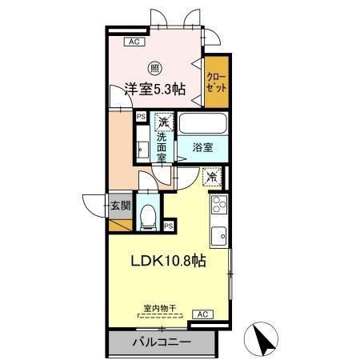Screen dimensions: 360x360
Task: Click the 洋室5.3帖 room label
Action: point(154,90)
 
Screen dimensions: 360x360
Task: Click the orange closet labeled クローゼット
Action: point(215,82)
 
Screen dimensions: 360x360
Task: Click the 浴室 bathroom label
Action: point(203,146)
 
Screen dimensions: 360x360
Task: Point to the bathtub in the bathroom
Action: point(203,124)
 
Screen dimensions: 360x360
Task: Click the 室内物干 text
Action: point(160,306)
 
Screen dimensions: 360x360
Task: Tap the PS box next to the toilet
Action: point(169,226)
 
